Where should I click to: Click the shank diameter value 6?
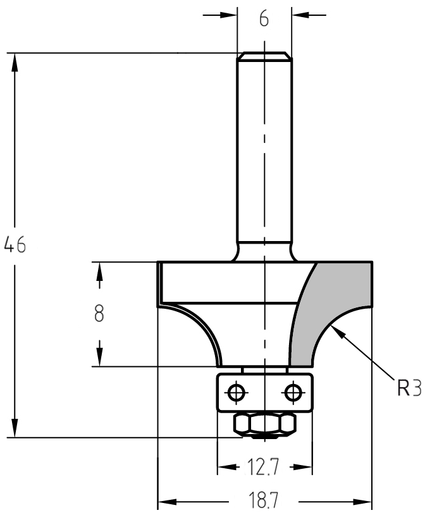[x=264, y=19]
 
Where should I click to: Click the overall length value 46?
[x=15, y=244]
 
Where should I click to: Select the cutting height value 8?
[x=99, y=313]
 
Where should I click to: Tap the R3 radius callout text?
[x=409, y=388]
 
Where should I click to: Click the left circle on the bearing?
[x=235, y=392]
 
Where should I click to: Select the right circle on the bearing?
[x=293, y=392]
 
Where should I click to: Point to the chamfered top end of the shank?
[x=264, y=56]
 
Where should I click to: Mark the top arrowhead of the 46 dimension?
[x=15, y=63]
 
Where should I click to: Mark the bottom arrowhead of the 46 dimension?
[x=15, y=428]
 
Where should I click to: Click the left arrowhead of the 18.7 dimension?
[x=167, y=502]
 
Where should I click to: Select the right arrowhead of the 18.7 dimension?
[x=362, y=502]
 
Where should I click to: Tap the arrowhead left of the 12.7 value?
[x=227, y=467]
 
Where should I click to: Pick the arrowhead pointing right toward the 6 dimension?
[x=228, y=15]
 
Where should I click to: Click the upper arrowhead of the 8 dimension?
[x=99, y=271]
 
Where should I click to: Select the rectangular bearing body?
[x=264, y=392]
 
